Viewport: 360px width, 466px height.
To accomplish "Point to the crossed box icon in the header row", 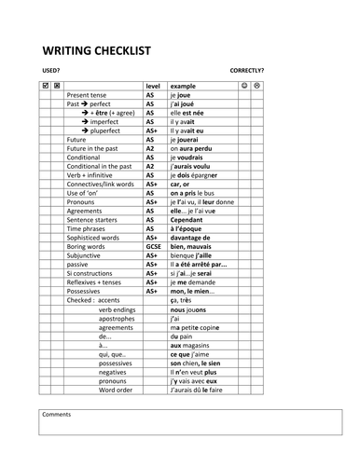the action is click(58, 86).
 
